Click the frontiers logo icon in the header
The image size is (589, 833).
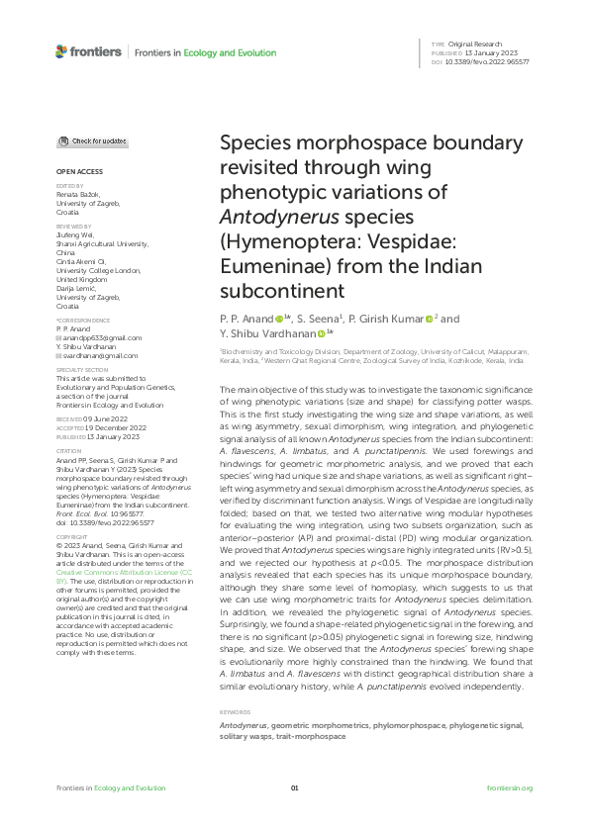(x=61, y=51)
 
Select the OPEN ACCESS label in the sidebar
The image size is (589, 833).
(x=72, y=171)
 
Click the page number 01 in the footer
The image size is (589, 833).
(x=294, y=788)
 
